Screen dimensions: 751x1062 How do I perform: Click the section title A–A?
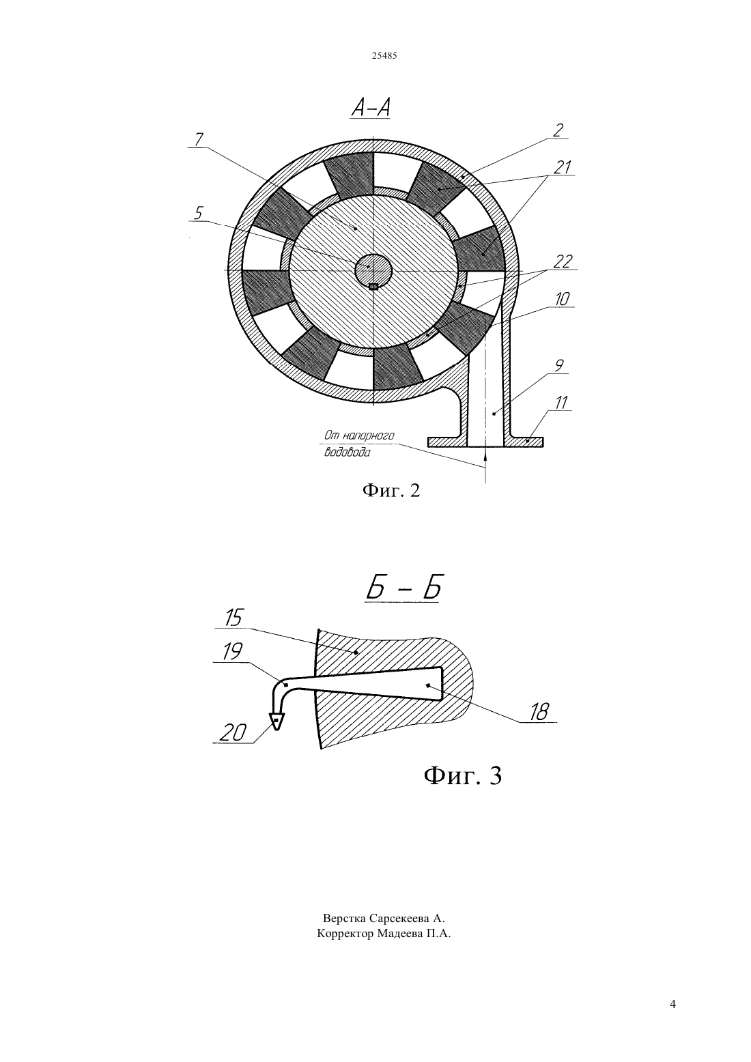click(371, 108)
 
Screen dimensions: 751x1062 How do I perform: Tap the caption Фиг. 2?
click(391, 490)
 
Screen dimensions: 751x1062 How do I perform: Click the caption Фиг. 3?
click(462, 775)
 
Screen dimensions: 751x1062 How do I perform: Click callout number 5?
click(198, 214)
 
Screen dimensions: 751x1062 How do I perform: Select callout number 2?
click(558, 130)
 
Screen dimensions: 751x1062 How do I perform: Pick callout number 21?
click(563, 167)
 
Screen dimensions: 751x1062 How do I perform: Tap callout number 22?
click(563, 261)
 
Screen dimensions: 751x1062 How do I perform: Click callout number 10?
click(563, 299)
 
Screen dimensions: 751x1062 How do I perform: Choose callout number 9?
click(559, 366)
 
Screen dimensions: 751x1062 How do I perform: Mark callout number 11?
click(561, 403)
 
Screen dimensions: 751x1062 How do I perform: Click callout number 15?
click(233, 618)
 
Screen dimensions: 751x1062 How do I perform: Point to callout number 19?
click(232, 652)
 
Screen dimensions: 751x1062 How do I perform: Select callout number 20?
click(233, 733)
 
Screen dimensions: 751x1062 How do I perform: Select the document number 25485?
click(384, 56)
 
